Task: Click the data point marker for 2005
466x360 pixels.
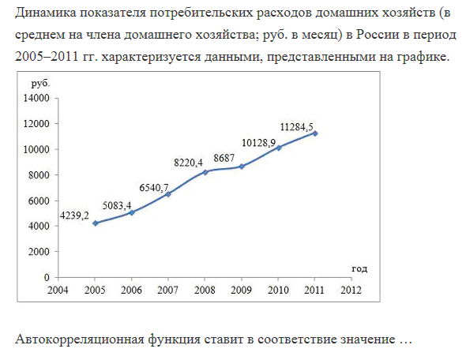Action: [95, 223]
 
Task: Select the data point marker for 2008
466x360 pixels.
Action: [205, 172]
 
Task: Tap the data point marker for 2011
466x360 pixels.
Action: [315, 133]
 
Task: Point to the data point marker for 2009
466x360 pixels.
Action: [242, 167]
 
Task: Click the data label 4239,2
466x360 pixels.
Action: [74, 216]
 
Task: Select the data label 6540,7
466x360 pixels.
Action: [154, 188]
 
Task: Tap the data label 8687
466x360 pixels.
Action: [224, 158]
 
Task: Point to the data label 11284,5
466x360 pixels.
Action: [297, 127]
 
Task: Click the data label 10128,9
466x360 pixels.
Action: [258, 143]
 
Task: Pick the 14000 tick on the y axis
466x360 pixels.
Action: [36, 98]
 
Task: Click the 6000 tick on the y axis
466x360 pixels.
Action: [39, 201]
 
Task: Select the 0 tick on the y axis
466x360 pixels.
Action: [47, 277]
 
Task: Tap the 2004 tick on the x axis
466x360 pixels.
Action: [58, 290]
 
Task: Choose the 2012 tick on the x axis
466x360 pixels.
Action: [351, 290]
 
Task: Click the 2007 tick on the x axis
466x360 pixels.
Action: [168, 290]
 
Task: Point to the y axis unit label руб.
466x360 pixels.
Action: [41, 84]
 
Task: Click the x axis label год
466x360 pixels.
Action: [359, 268]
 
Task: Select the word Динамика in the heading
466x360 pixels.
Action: [46, 13]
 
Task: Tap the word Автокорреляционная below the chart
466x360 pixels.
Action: [80, 339]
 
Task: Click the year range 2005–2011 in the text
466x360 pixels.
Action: [47, 56]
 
